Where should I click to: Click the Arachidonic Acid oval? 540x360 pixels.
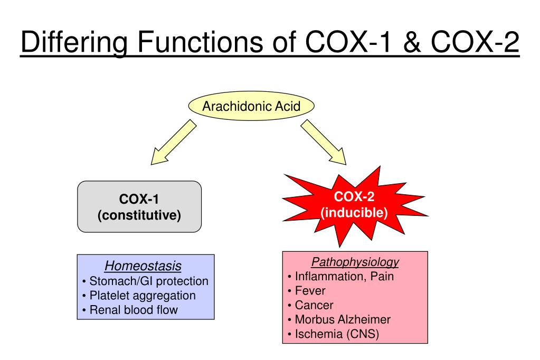pos(251,107)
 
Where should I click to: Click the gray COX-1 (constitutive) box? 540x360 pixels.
pos(139,207)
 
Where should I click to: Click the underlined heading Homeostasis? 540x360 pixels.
pos(146,266)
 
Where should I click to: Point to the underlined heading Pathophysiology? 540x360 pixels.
pos(355,262)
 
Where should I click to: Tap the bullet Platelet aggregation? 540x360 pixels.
pos(142,295)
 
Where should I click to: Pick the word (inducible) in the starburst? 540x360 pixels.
pos(354,213)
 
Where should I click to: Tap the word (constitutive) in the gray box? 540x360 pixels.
pos(139,215)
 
